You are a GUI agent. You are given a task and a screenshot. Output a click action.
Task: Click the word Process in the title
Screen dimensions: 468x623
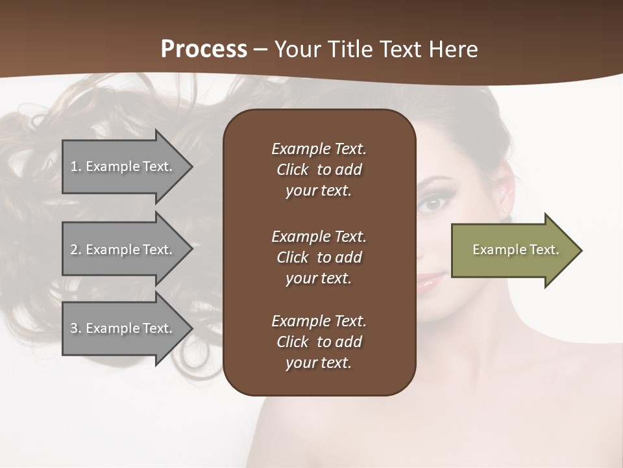point(204,49)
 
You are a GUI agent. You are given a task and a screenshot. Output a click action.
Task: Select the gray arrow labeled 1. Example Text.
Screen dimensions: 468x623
point(123,166)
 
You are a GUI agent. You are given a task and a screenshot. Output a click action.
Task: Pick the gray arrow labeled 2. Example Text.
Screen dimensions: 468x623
point(123,250)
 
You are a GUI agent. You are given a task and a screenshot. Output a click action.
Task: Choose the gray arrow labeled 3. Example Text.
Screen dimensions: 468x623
point(123,328)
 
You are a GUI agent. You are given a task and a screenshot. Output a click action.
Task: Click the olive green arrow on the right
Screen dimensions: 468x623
point(513,250)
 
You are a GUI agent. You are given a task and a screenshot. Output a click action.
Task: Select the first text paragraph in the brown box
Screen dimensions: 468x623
point(319,170)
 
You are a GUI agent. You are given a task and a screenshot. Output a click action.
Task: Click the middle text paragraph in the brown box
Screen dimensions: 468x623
point(319,257)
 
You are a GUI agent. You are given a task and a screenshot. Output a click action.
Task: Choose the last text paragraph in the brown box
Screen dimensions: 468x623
point(319,341)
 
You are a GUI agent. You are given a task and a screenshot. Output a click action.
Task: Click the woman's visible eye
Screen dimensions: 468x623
point(432,203)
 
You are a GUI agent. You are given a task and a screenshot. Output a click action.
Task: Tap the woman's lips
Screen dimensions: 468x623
point(430,281)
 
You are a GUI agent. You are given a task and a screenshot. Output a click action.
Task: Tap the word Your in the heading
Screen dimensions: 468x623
point(298,49)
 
